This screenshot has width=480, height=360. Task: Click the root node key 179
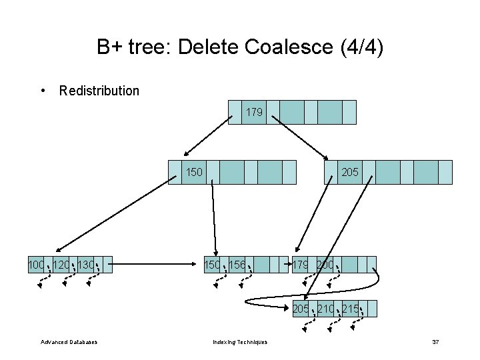coord(254,113)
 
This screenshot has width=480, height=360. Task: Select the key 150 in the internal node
coord(194,172)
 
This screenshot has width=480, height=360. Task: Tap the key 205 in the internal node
coord(350,172)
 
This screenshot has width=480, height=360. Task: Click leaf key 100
coord(36,265)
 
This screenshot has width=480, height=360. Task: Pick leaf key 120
coord(61,265)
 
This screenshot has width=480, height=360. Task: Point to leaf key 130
coord(86,265)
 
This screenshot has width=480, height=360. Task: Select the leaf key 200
coord(325,265)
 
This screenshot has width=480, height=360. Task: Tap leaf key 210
coord(326,308)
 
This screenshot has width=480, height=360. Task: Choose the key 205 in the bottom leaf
coord(301,308)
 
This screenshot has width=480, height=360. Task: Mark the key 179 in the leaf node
coord(300,265)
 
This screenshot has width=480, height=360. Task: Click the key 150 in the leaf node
coord(213,265)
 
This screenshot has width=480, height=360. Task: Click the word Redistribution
coord(99,91)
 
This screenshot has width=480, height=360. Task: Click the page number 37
coord(435,342)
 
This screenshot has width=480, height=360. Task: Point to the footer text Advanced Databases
coord(69,342)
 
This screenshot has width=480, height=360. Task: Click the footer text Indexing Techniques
coord(240,342)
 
